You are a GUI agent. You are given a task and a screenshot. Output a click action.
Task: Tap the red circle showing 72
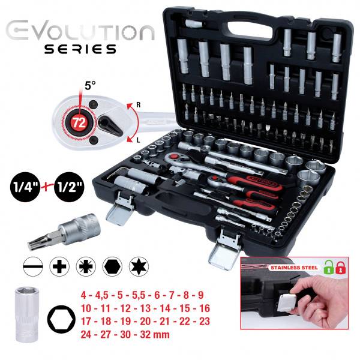click(x=77, y=121)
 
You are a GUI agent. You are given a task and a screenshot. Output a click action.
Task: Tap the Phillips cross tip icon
click(x=58, y=265)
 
